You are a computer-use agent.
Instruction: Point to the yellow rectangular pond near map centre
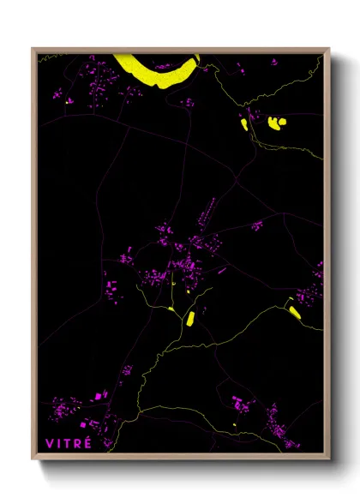(x=190, y=318)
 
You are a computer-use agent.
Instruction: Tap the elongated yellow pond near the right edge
(x=293, y=309)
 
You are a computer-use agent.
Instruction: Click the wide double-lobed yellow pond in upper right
(x=276, y=122)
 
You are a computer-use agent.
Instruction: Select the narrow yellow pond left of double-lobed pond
(x=244, y=124)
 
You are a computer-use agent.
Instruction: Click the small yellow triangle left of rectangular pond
(x=171, y=308)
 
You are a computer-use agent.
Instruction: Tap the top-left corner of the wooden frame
(x=33, y=49)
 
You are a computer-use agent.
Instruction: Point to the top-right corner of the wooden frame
(x=329, y=49)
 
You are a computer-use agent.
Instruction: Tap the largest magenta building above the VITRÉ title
(x=83, y=425)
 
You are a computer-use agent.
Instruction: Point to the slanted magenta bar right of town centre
(x=222, y=270)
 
